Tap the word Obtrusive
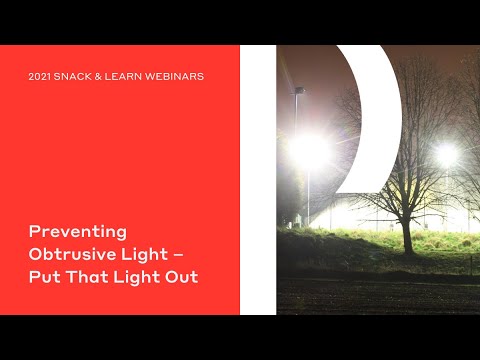[x=74, y=254]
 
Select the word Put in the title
[x=44, y=277]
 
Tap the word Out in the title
[x=181, y=277]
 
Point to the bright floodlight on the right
[x=446, y=154]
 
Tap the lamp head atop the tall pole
[x=299, y=91]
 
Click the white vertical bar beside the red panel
[x=257, y=180]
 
